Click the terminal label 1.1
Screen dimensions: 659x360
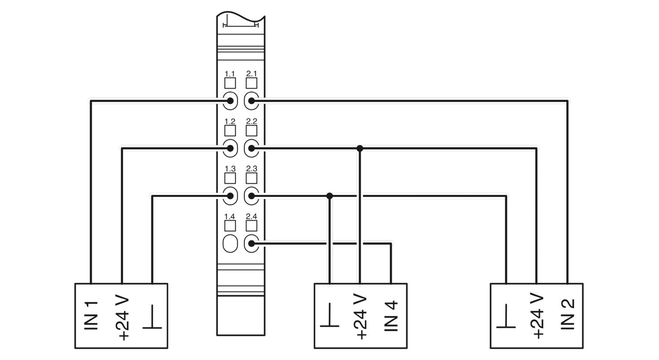tap(229, 73)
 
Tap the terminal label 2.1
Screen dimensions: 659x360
tap(251, 73)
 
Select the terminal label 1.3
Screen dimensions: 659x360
tap(230, 169)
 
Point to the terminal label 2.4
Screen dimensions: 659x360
tap(251, 216)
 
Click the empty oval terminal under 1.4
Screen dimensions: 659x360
tap(230, 244)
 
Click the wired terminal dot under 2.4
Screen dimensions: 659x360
tap(251, 244)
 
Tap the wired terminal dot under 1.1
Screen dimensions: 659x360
tap(230, 101)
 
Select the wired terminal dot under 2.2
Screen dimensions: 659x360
tap(251, 148)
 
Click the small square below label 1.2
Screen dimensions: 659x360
tap(230, 130)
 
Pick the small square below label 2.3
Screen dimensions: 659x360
tap(251, 178)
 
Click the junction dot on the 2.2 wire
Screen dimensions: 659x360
tap(359, 148)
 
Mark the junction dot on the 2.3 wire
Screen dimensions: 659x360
tap(329, 196)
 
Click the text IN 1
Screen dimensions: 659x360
tap(91, 315)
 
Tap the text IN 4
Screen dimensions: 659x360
tap(391, 316)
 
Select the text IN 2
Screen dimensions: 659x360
tap(568, 314)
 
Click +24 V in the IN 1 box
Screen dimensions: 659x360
tap(122, 317)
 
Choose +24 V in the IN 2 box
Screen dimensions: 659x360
tap(536, 316)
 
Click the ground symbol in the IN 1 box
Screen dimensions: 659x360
tap(152, 317)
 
